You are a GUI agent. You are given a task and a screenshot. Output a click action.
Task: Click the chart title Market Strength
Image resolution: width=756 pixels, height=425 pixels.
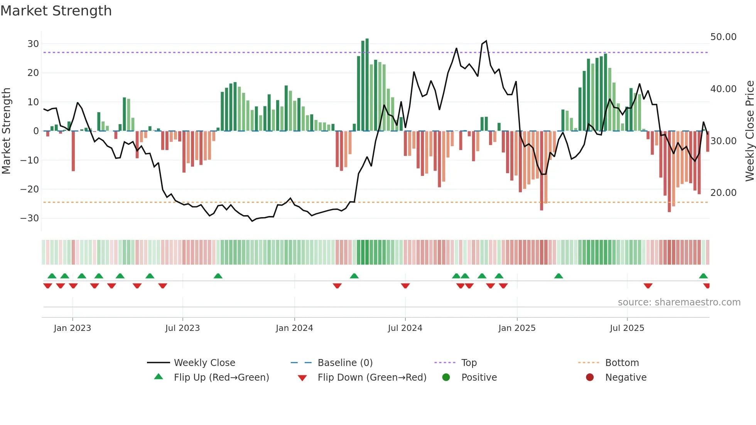pos(56,11)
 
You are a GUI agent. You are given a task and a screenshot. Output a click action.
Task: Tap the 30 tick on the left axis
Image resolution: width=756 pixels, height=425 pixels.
pos(33,44)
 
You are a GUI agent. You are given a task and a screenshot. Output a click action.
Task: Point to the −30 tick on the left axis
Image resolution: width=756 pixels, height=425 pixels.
pos(30,218)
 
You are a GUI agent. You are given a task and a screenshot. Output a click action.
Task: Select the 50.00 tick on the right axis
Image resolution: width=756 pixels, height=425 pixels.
pos(723,37)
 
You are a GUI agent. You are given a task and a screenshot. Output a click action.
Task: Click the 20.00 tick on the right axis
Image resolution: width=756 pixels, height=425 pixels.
pos(723,193)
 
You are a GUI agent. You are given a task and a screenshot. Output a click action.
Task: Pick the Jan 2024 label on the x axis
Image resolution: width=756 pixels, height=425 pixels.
pos(294,328)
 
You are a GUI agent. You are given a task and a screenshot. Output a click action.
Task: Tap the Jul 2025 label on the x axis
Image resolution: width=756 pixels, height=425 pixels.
pos(627,328)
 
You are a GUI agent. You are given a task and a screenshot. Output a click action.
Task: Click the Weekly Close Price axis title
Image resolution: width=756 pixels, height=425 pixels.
pos(749,131)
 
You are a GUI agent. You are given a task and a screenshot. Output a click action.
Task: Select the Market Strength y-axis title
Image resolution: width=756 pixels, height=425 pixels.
pos(6,131)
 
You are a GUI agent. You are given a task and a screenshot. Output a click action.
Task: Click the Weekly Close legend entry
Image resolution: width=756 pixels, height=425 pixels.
pos(204,363)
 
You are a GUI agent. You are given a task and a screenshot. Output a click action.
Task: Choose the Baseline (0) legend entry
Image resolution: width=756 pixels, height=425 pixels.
pos(345,363)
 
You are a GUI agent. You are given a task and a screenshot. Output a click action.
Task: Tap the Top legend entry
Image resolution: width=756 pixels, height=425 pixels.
pos(469,363)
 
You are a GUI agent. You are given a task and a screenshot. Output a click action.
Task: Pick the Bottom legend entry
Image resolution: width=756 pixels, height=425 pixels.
pos(622,363)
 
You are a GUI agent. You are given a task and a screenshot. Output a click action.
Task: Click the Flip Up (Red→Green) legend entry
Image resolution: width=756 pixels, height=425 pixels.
pos(221,378)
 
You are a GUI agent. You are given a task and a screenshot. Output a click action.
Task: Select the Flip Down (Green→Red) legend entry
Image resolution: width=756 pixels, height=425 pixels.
pos(372,378)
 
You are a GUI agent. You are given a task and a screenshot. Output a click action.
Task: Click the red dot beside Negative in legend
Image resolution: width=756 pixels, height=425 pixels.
pos(590,378)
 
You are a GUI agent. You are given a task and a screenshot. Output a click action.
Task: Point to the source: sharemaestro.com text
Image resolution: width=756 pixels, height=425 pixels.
pos(679,302)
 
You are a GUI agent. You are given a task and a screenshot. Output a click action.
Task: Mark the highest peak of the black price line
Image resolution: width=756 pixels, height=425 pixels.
pos(486,41)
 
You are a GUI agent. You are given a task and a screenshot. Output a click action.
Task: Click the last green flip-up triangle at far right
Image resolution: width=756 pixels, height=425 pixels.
pos(703,276)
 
